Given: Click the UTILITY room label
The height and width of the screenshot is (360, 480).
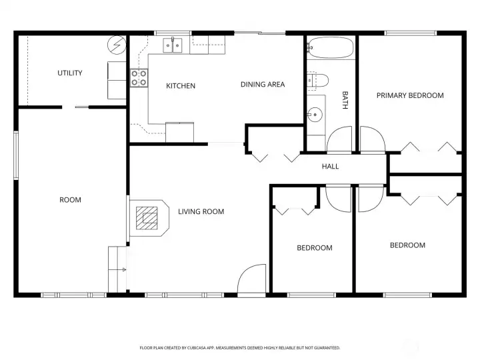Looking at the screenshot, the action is click(x=70, y=73).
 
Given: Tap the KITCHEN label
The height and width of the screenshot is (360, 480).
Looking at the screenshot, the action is click(x=181, y=86).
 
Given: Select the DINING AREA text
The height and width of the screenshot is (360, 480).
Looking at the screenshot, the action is click(x=263, y=85).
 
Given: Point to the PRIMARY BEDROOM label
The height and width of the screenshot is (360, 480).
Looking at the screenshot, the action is click(x=410, y=95).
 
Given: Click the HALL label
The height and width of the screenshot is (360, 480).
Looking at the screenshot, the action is click(x=330, y=167).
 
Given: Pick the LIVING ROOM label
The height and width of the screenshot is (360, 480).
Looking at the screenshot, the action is click(x=201, y=211).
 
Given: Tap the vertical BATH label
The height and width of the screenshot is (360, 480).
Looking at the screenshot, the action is click(x=345, y=100).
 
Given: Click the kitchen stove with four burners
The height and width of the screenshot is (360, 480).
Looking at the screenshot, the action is click(x=139, y=78).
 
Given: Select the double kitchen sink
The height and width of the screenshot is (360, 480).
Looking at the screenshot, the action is click(x=173, y=45).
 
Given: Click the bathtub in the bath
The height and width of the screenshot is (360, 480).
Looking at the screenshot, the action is click(x=331, y=48).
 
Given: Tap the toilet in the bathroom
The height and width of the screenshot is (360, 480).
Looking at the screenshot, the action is click(x=317, y=81).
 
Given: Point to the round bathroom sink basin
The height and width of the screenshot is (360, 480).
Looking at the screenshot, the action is click(x=315, y=115).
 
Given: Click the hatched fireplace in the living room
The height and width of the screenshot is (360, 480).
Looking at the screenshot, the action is click(x=147, y=218).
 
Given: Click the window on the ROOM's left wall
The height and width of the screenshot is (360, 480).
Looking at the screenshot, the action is click(x=16, y=155).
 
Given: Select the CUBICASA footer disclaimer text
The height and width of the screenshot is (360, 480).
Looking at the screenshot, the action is click(x=240, y=348).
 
